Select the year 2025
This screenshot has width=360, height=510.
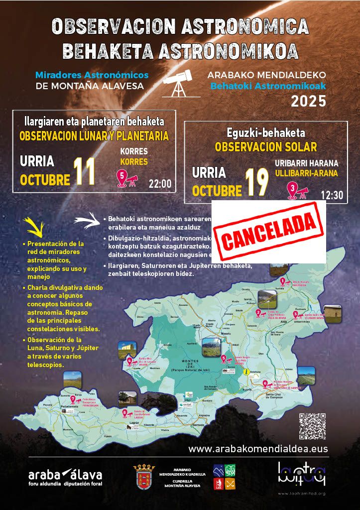click(x=308, y=101)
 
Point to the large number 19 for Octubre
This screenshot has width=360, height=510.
click(x=256, y=183)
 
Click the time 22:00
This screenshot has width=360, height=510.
click(x=160, y=184)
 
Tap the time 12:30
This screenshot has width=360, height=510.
click(x=332, y=195)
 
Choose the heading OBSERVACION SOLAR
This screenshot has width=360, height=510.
click(x=265, y=147)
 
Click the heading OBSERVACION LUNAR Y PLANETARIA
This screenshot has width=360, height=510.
click(x=94, y=136)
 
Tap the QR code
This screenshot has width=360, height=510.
click(x=312, y=426)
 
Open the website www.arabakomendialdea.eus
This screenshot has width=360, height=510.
click(x=258, y=449)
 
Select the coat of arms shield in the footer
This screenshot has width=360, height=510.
click(x=144, y=476)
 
